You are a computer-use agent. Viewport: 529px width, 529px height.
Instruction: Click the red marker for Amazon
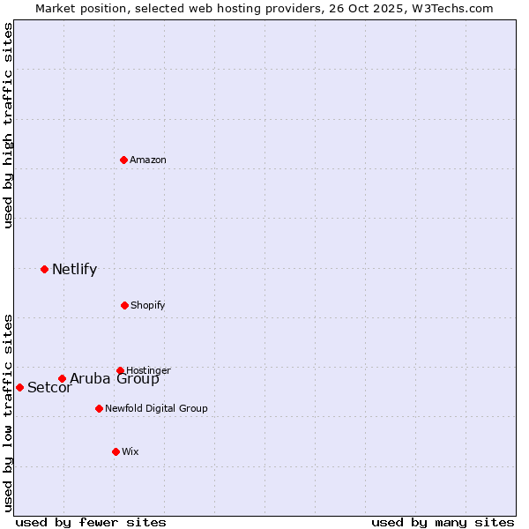123,160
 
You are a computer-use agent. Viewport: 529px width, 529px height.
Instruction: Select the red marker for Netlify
44,269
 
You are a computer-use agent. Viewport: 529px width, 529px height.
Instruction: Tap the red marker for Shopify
124,305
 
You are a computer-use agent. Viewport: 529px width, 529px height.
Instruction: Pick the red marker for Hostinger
120,370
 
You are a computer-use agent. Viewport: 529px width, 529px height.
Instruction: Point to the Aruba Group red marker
62,379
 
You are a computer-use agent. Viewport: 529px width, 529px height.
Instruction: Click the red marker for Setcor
19,387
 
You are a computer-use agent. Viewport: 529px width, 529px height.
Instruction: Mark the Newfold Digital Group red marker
99,408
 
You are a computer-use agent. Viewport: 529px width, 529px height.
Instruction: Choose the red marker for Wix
115,451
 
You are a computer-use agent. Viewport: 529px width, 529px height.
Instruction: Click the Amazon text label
148,160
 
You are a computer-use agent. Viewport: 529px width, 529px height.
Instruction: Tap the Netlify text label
74,269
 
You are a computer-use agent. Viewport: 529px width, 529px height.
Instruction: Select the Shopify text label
148,305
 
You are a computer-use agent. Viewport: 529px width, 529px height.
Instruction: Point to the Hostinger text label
148,370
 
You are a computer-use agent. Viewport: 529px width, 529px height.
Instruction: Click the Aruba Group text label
115,379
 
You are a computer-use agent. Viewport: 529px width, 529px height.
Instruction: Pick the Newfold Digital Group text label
156,408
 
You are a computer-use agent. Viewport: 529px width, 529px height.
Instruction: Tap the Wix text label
130,451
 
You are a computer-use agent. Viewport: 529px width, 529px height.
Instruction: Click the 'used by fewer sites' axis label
91,522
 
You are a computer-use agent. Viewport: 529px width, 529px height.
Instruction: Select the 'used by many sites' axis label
443,522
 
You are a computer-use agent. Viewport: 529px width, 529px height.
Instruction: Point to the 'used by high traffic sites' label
8,125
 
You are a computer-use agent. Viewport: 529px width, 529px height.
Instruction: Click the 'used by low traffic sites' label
8,412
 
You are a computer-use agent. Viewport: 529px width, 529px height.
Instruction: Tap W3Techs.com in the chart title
451,8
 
